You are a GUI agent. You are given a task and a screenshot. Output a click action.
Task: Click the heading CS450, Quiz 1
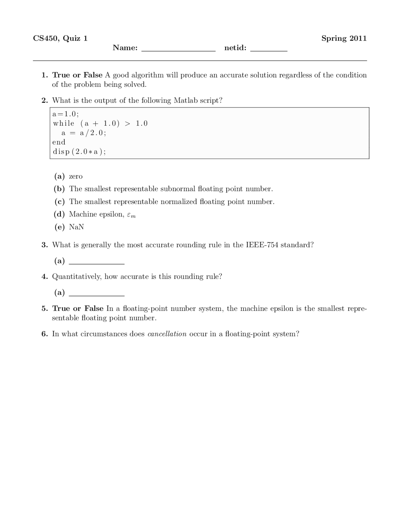pyautogui.click(x=60, y=38)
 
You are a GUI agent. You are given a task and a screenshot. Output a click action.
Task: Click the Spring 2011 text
pyautogui.click(x=344, y=38)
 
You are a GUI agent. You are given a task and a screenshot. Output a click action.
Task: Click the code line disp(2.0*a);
pyautogui.click(x=79, y=152)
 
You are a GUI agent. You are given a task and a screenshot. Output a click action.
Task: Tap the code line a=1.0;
pyautogui.click(x=66, y=114)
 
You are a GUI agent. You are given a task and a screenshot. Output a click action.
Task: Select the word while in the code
pyautogui.click(x=64, y=123)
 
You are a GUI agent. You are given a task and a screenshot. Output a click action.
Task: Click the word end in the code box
pyautogui.click(x=59, y=142)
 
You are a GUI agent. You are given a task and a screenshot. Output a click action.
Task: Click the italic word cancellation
pyautogui.click(x=167, y=334)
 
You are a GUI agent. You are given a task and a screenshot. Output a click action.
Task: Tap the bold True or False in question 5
pyautogui.click(x=77, y=308)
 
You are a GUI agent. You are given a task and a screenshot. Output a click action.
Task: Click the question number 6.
pyautogui.click(x=44, y=334)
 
